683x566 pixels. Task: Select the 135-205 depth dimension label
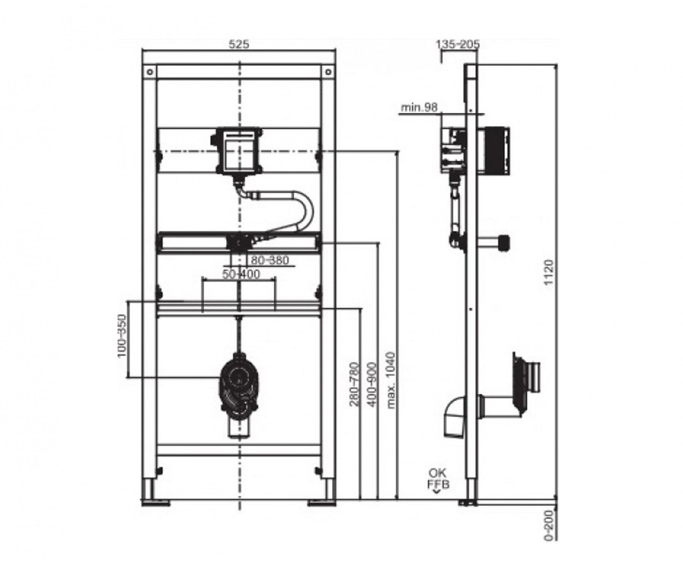[x=458, y=44]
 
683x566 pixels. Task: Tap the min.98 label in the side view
[x=419, y=108]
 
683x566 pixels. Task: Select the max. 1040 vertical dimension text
[x=391, y=380]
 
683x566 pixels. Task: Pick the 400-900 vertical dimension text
[x=373, y=385]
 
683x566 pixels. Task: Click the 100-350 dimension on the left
[x=121, y=335]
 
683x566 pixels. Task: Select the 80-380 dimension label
[x=270, y=260]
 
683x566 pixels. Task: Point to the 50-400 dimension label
[x=241, y=274]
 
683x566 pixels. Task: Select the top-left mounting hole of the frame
[x=150, y=72]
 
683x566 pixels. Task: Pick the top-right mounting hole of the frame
[x=328, y=72]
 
